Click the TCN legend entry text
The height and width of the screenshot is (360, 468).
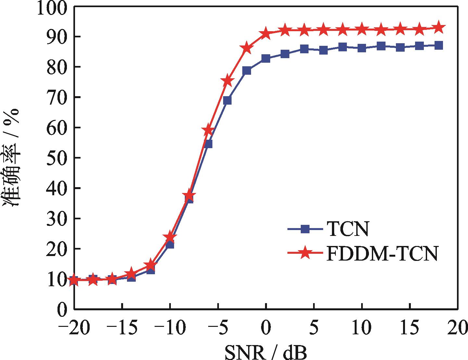pos(348,229)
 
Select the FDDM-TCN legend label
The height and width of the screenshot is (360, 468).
pos(382,254)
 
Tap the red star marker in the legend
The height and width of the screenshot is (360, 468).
pos(304,254)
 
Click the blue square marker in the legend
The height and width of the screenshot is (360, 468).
pos(304,229)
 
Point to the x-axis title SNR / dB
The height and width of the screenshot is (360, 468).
pos(265,352)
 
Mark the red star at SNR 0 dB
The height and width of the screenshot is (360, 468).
pos(266,33)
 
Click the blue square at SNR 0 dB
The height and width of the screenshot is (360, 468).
pos(266,59)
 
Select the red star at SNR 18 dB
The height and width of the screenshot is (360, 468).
pos(439,28)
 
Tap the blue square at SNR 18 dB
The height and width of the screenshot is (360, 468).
pos(439,45)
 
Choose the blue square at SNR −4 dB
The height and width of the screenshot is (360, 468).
pos(227,100)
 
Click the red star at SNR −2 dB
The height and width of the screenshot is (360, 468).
pos(247,48)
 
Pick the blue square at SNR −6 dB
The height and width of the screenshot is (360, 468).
pos(208,144)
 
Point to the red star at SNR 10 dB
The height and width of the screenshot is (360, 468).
pos(362,30)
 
